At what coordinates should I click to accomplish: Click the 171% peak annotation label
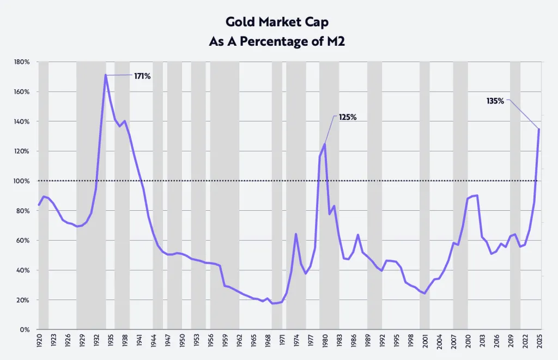point(142,76)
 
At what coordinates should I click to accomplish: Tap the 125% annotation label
point(348,117)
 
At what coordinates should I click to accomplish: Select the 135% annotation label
point(495,101)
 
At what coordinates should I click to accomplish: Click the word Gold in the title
point(240,22)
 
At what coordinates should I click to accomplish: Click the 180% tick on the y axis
point(22,62)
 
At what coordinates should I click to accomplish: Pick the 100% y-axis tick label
point(22,181)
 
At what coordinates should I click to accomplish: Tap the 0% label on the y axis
point(25,330)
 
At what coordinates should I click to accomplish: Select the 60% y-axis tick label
point(23,240)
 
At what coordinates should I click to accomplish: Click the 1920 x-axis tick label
point(39,340)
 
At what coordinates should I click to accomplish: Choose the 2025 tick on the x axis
point(539,340)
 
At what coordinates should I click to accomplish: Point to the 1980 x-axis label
point(325,340)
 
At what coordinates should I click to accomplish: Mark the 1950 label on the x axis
point(182,340)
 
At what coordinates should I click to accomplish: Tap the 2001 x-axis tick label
point(425,340)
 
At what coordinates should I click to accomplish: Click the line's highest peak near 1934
point(105,75)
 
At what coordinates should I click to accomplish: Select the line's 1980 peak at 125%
point(325,144)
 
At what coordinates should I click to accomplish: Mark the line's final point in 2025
point(539,129)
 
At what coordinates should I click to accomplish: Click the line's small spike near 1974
point(296,234)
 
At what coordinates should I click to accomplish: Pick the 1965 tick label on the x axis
point(253,340)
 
